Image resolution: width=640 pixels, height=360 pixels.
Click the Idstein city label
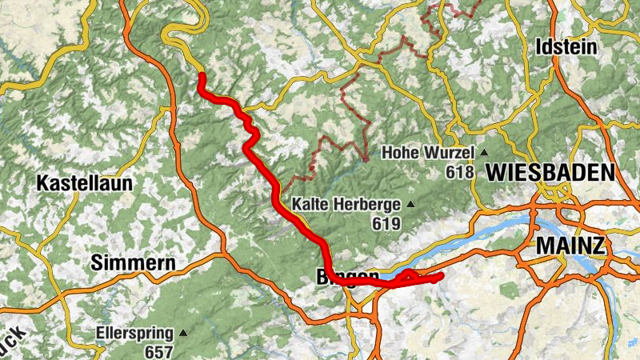point(566,47)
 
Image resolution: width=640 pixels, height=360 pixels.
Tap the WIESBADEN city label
point(550,171)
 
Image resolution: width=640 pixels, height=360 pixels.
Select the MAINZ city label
point(570,245)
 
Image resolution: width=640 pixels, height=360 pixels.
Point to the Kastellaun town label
point(84,183)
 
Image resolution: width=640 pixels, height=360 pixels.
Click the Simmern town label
point(133,262)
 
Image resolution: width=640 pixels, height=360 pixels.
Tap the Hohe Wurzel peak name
point(428,152)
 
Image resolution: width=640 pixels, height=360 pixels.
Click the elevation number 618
point(461,172)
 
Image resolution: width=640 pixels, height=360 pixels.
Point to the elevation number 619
point(386,224)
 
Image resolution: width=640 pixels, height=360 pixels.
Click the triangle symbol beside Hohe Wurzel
point(483,152)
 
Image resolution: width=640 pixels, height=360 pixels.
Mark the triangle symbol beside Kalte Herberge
point(411,204)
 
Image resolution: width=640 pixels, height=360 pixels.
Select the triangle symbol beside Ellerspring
point(183,332)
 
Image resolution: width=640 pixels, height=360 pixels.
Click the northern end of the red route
point(202,77)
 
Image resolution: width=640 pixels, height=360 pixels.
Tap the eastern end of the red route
point(440,277)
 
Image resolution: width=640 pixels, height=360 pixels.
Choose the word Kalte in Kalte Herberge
point(309,204)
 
